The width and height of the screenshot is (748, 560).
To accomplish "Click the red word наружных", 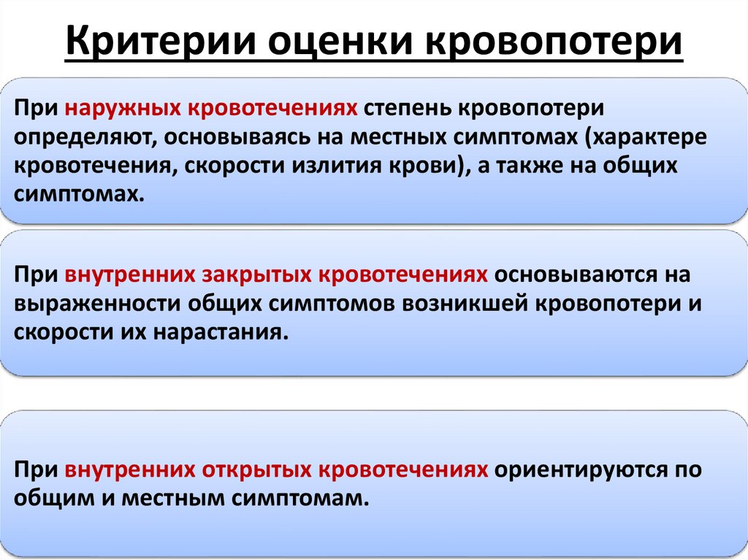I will pos(124,109).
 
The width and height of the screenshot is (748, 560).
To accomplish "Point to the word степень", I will pos(408,109).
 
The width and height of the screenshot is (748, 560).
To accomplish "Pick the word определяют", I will pos(80,137).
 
